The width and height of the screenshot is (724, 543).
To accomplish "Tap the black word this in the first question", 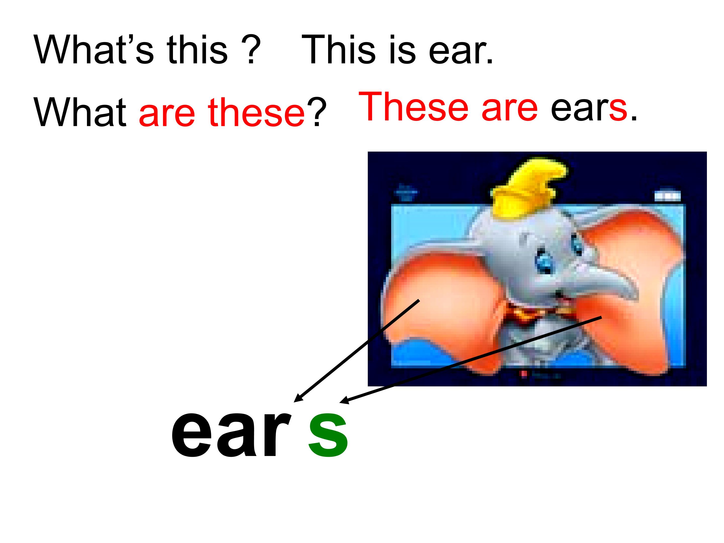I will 197,50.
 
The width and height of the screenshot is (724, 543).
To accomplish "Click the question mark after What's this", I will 252,50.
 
